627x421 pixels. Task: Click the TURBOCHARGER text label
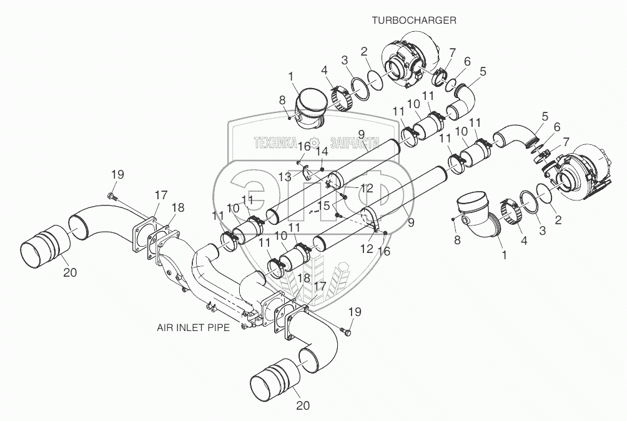[414, 20]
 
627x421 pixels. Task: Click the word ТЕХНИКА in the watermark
[275, 143]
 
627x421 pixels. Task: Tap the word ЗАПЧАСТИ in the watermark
[350, 143]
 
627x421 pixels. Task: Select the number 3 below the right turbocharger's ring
[541, 230]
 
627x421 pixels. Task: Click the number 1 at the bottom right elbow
[504, 255]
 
